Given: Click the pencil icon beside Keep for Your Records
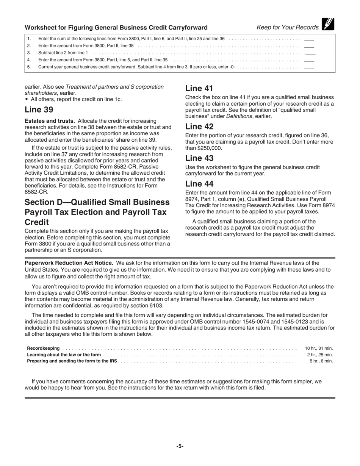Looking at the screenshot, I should [328, 24].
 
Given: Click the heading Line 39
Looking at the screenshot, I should [39, 110].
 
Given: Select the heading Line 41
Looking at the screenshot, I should [199, 89].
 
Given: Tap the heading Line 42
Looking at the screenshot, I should [199, 127].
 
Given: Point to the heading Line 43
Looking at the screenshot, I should [199, 158].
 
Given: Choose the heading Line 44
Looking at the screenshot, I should [199, 184].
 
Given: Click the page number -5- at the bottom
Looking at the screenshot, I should [180, 446].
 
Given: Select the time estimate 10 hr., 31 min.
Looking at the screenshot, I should [319, 348].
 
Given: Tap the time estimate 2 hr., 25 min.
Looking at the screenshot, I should [320, 355].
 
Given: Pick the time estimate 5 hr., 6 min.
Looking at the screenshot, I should [321, 361].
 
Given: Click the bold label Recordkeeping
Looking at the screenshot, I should [43, 348].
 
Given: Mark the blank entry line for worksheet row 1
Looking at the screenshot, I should [309, 39].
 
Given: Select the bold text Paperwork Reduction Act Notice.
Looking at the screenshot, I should [69, 263].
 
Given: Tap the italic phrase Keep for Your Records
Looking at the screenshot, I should [288, 27].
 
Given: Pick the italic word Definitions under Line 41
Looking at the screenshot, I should [239, 116].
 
